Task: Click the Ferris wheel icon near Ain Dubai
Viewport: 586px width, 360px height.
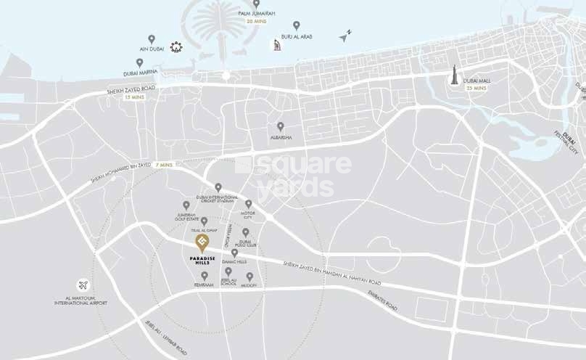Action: (x=176, y=48)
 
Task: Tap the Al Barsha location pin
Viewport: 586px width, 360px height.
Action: (x=280, y=126)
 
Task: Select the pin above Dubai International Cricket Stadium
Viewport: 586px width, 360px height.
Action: (x=218, y=187)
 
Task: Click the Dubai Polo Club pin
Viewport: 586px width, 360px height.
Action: (x=246, y=232)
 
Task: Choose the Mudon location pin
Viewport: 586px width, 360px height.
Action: (x=249, y=277)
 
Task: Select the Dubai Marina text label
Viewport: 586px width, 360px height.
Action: (x=139, y=73)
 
